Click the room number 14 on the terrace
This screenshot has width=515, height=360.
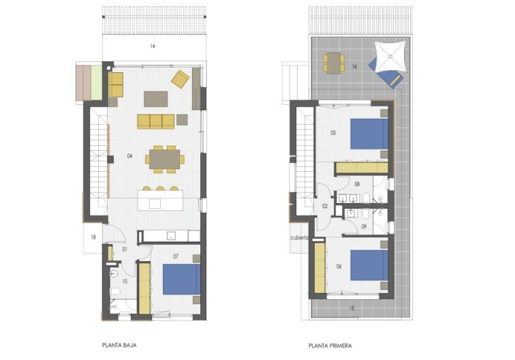[153, 46]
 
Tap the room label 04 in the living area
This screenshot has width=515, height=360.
[129, 156]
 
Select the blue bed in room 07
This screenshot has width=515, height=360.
[181, 280]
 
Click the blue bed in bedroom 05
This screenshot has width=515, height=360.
[369, 134]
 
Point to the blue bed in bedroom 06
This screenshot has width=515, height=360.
[369, 266]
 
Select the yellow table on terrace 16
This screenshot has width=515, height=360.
[334, 63]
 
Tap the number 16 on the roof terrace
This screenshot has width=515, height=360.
[355, 67]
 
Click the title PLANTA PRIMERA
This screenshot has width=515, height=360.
[330, 345]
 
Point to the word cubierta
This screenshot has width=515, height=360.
[300, 238]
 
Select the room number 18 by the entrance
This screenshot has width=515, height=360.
[93, 238]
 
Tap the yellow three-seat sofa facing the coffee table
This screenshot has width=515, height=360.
[156, 121]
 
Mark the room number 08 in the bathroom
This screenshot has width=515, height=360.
[357, 184]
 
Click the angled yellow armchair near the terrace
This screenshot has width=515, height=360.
[181, 79]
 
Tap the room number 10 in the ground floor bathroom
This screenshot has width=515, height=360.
[125, 280]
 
